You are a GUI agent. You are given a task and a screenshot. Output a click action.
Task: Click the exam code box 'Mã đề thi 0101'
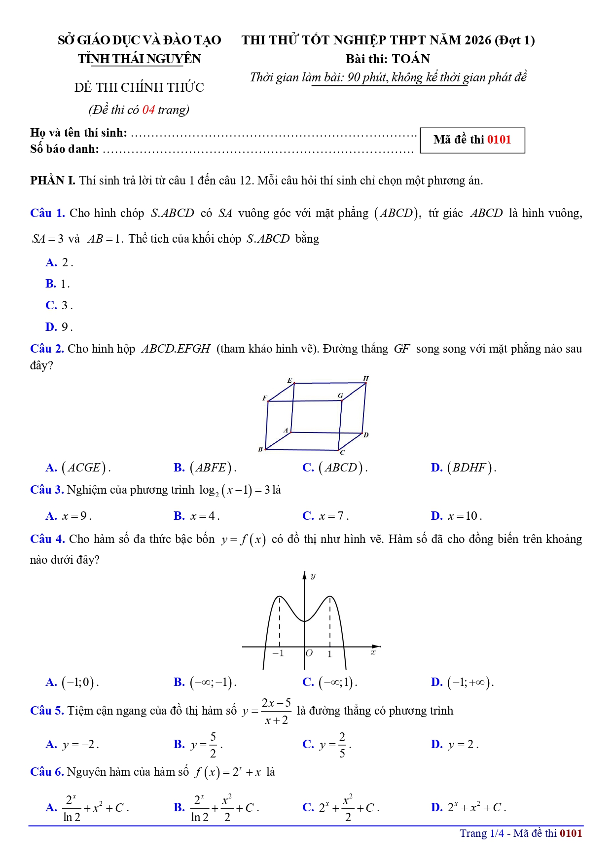pyautogui.click(x=472, y=140)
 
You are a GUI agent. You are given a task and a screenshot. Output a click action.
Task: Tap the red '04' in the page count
pyautogui.click(x=148, y=109)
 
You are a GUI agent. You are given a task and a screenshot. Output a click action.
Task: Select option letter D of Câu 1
pyautogui.click(x=51, y=327)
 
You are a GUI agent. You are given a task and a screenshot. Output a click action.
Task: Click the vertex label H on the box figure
pyautogui.click(x=366, y=378)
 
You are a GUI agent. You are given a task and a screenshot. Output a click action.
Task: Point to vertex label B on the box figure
pyautogui.click(x=260, y=449)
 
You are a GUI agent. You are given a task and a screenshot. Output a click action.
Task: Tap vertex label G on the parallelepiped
pyautogui.click(x=340, y=396)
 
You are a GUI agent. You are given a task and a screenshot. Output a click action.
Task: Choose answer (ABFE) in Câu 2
pyautogui.click(x=212, y=468)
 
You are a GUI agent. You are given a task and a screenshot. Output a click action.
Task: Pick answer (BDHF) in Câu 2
pyautogui.click(x=470, y=468)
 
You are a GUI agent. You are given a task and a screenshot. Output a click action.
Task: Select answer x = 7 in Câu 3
pyautogui.click(x=333, y=516)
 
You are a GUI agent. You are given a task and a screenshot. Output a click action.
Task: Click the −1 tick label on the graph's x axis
pyautogui.click(x=278, y=653)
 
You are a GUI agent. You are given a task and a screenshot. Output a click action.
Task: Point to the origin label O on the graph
pyautogui.click(x=309, y=653)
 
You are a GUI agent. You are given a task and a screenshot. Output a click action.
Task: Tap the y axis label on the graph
pyautogui.click(x=313, y=576)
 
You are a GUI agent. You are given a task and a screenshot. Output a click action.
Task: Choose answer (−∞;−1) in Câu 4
pyautogui.click(x=213, y=683)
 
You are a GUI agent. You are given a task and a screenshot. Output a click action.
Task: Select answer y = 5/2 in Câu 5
pyautogui.click(x=206, y=745)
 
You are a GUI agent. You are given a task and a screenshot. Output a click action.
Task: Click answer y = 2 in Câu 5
pyautogui.click(x=463, y=745)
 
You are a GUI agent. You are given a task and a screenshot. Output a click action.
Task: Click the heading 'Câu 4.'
pyautogui.click(x=47, y=539)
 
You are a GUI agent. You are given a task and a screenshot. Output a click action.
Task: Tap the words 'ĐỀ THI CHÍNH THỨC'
pyautogui.click(x=139, y=88)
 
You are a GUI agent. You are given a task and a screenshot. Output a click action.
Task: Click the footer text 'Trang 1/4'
pyautogui.click(x=482, y=833)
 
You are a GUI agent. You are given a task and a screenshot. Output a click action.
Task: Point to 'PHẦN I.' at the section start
pyautogui.click(x=53, y=180)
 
